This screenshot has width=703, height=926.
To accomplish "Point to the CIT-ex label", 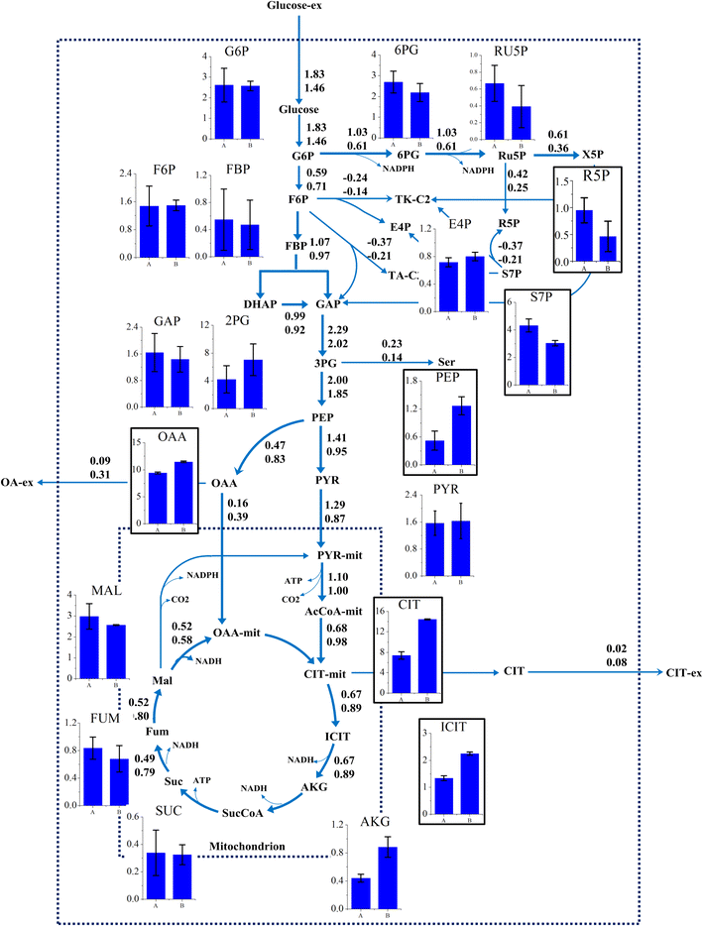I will pos(681,673).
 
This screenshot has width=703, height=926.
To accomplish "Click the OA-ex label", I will pos(17,482).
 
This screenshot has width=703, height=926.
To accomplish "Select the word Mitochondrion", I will pos(247,848).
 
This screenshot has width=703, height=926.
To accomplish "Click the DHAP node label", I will pos(260,303).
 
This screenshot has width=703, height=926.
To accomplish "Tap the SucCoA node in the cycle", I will pos(244,813).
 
